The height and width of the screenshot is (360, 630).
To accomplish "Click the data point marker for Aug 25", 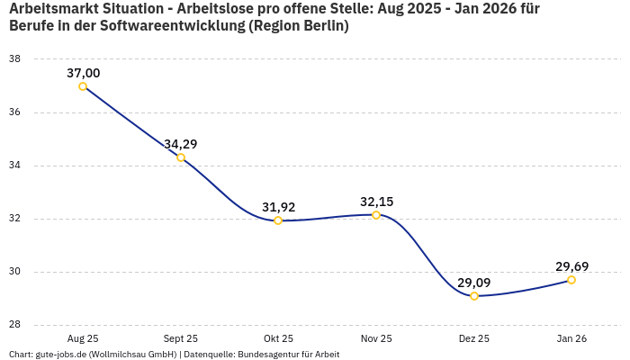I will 83,86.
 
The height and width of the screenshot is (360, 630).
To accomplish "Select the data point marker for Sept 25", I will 181,157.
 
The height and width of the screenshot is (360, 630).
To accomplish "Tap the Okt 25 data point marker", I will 278,220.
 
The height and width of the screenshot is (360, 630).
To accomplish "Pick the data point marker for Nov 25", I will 376,215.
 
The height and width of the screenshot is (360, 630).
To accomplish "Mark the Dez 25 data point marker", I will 474,296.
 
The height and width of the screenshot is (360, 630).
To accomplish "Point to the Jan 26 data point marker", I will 571,280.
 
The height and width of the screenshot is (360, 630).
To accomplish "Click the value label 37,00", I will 83,73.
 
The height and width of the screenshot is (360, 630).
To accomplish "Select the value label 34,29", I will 181,144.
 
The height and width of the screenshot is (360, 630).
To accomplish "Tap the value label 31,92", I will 278,207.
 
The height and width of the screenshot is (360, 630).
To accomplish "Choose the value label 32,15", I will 376,202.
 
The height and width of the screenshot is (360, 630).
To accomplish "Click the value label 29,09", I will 474,283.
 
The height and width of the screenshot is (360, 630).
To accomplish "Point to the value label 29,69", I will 571,266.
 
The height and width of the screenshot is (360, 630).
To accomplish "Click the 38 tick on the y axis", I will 14,59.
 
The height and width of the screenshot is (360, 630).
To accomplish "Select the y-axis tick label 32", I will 14,219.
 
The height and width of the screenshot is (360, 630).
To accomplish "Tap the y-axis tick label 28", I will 14,325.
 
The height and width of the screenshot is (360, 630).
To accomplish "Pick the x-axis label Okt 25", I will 278,338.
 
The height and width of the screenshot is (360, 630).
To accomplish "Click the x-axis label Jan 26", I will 571,338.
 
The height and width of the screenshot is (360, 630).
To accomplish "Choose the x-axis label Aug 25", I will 83,338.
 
